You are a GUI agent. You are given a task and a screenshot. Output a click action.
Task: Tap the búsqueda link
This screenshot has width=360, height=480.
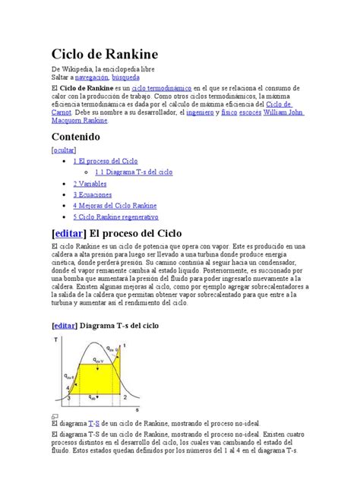(126, 78)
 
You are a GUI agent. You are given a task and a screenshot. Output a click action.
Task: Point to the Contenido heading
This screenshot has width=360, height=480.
(75, 136)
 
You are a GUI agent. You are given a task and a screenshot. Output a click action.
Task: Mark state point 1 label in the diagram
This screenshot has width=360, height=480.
(125, 346)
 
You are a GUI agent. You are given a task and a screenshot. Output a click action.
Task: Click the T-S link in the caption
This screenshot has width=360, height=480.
(93, 423)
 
